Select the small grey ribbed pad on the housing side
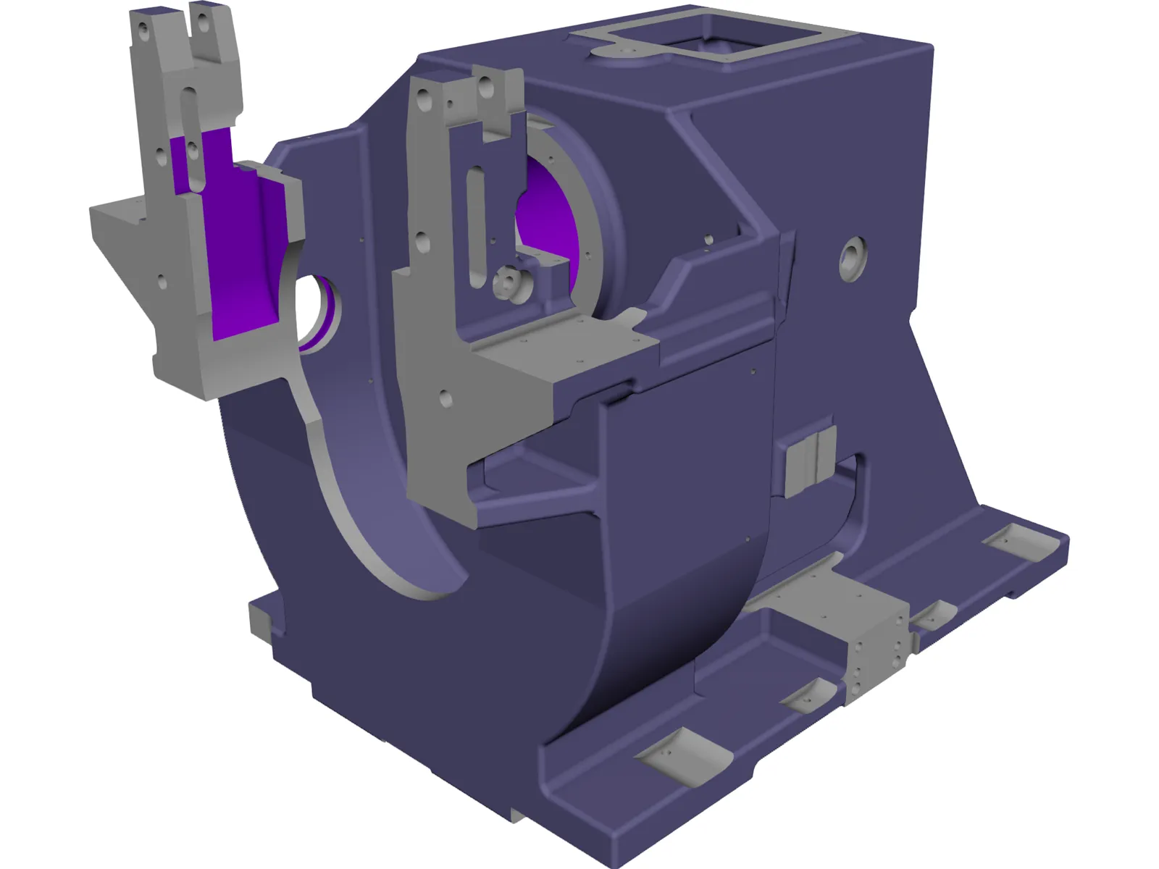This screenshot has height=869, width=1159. point(810,459)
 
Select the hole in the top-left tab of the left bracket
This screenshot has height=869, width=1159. point(143,31)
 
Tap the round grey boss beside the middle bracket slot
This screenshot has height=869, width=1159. point(509,282)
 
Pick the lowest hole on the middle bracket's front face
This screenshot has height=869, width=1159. point(445,399)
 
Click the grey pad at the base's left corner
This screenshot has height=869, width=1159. point(261,620)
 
